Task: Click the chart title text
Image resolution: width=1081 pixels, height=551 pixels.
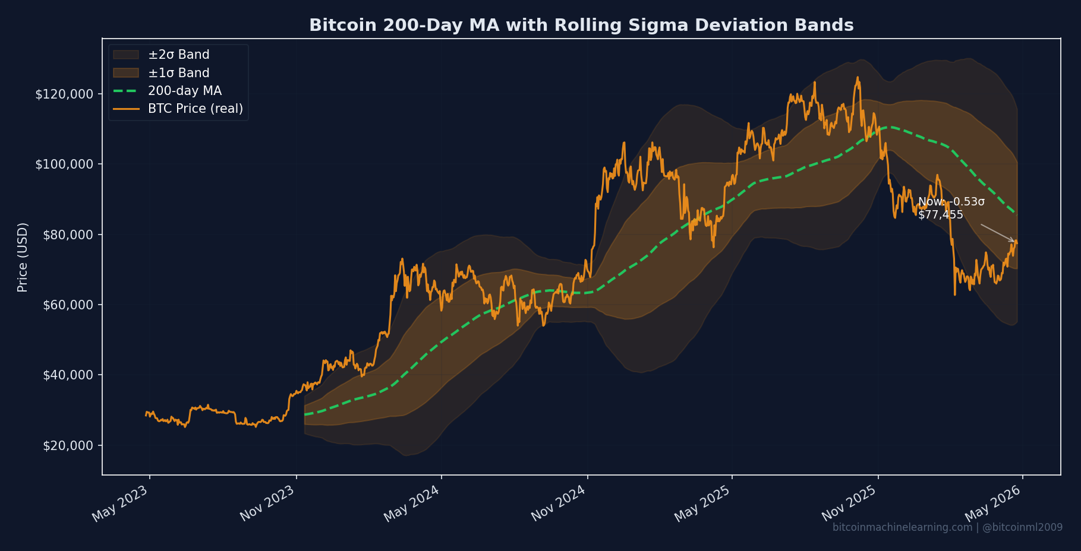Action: click(x=581, y=26)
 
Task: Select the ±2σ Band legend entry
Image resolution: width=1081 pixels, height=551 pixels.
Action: click(x=178, y=55)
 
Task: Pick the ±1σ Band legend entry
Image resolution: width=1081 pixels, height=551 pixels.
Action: click(x=178, y=73)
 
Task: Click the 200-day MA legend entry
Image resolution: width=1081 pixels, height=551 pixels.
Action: click(x=184, y=91)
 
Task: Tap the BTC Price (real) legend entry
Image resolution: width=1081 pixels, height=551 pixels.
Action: click(x=195, y=109)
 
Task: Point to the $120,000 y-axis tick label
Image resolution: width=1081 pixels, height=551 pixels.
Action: click(x=64, y=94)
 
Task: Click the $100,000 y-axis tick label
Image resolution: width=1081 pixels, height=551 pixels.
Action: click(x=64, y=164)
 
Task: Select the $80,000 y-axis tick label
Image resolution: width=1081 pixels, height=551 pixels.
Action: click(x=68, y=235)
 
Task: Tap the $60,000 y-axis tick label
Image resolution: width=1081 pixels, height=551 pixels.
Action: click(x=68, y=305)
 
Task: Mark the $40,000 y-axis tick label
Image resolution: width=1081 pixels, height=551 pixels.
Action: click(x=68, y=375)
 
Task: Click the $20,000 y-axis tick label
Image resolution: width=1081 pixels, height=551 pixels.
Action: click(x=68, y=446)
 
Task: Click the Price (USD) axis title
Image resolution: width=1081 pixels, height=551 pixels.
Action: click(x=23, y=257)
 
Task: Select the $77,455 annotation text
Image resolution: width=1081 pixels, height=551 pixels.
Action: click(x=940, y=215)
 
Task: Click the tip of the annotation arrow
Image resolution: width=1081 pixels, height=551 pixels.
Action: click(x=1015, y=242)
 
